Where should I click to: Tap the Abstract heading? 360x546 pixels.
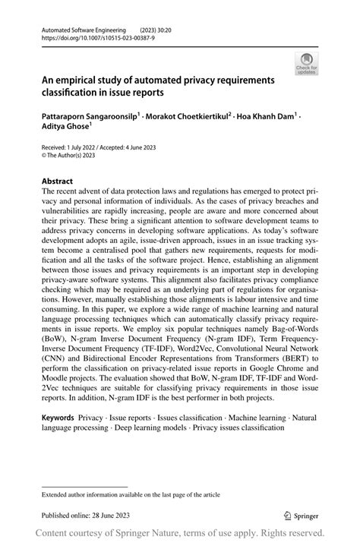point(58,181)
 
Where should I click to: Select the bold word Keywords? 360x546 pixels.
point(58,418)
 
